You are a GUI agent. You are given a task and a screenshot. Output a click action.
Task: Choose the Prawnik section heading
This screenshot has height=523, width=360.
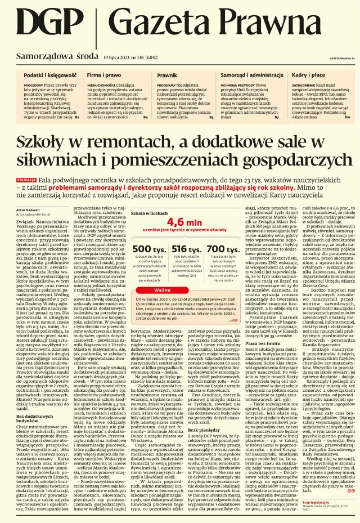click(x=166, y=75)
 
